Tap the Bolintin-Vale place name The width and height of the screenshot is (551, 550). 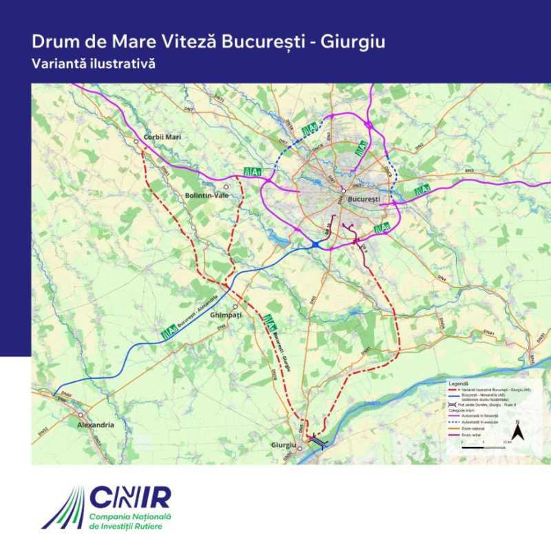click(x=207, y=195)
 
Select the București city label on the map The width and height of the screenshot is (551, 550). click(x=364, y=199)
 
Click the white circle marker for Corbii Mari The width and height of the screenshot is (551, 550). click(x=136, y=141)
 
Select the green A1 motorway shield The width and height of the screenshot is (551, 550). click(x=252, y=172)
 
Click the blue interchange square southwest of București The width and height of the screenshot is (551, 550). click(x=315, y=244)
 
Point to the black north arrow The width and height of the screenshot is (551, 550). click(x=521, y=432)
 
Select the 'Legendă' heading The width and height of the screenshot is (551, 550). click(x=458, y=383)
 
